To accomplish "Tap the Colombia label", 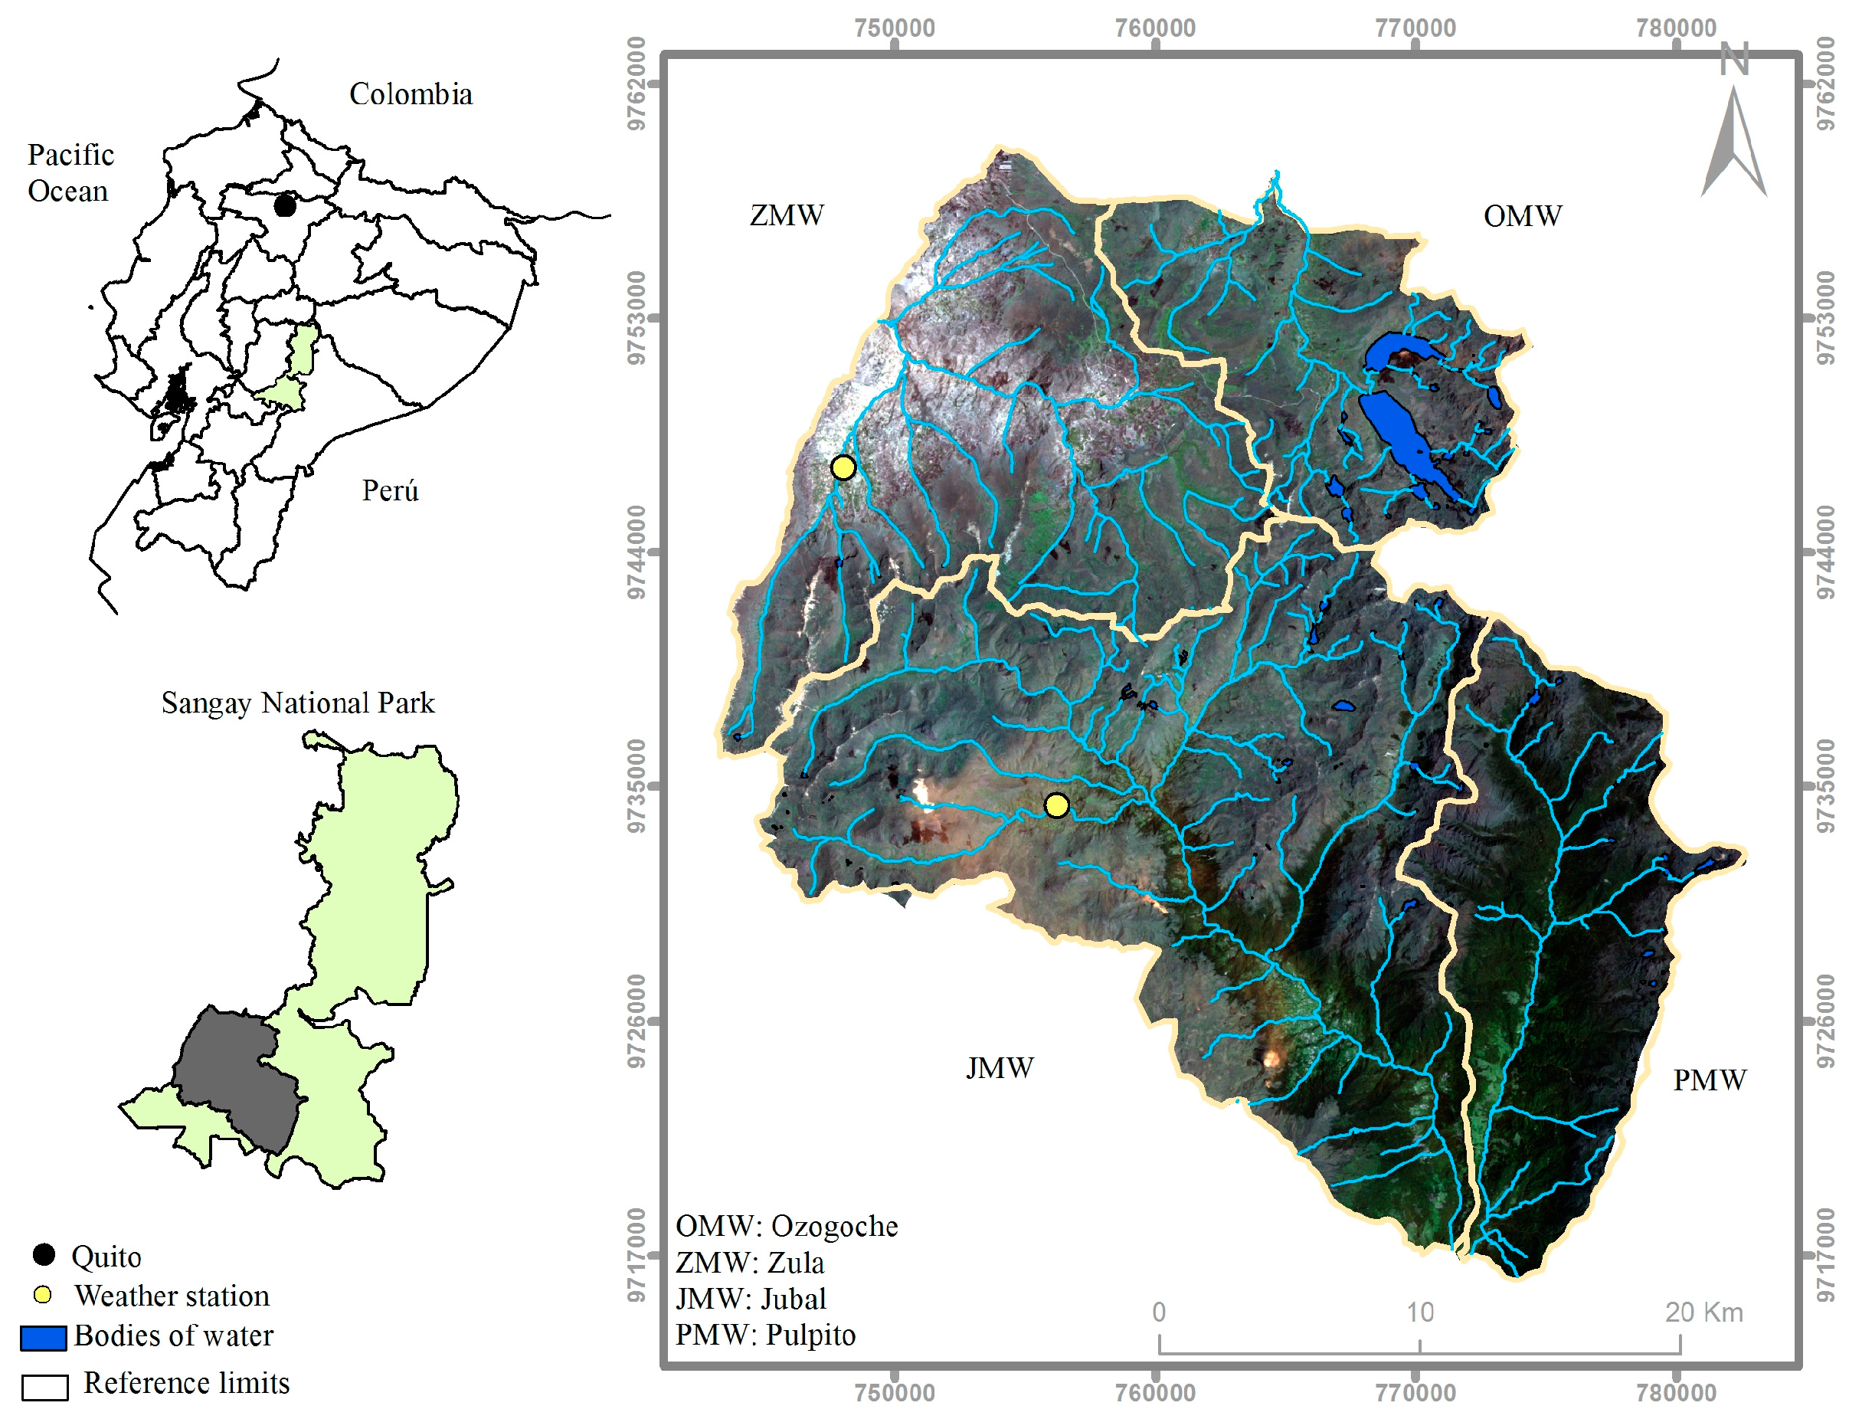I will tap(411, 93).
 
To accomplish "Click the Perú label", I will tap(390, 490).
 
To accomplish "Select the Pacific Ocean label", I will tap(69, 172).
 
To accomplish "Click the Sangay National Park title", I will tap(297, 703).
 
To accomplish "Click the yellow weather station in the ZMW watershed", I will tap(843, 467).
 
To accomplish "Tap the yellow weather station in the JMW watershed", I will tap(1056, 805).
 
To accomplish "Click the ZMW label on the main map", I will tap(786, 215).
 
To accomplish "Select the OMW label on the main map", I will tap(1521, 216).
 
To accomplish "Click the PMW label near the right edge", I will tap(1709, 1080).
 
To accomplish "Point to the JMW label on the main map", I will tap(999, 1069).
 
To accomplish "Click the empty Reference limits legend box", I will tap(44, 1388).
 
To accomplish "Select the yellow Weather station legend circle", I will tap(42, 1296).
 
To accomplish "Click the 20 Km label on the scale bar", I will tap(1703, 1312).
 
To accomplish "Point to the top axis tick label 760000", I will tap(1154, 28).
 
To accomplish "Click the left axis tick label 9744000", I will tap(637, 552).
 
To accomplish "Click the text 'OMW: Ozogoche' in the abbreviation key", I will tap(786, 1227).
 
